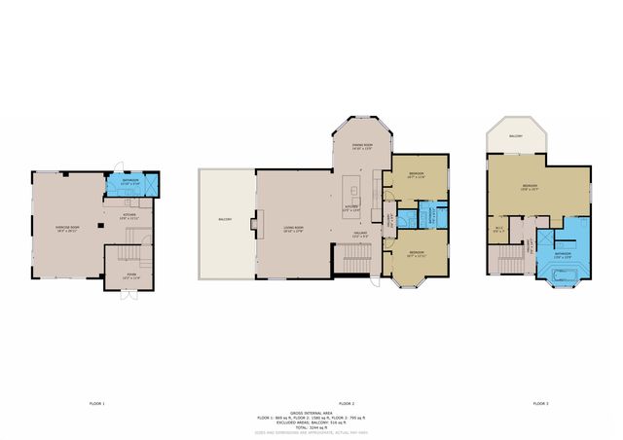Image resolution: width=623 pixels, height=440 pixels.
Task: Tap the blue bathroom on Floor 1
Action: [130, 182]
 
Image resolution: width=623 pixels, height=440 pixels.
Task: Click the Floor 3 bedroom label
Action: [530, 187]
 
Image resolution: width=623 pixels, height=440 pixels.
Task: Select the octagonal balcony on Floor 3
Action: [516, 136]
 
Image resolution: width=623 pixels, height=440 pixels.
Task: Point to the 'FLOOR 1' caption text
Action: [96, 402]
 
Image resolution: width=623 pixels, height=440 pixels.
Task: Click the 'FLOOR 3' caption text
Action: [540, 402]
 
